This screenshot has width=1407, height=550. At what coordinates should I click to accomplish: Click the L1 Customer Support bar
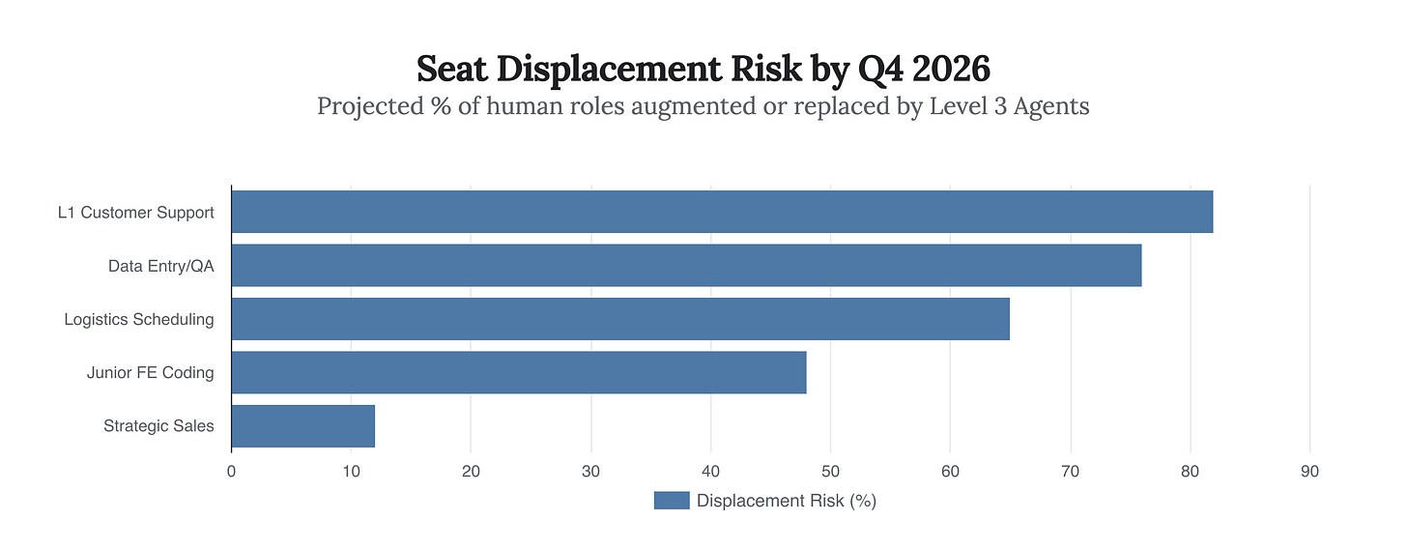[721, 212]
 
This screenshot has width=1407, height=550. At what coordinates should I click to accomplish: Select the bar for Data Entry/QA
[686, 266]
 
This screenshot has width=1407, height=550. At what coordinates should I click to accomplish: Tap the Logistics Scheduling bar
[619, 319]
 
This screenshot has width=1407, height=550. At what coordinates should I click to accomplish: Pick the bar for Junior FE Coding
[518, 372]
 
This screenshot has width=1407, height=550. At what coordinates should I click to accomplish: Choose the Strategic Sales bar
[302, 425]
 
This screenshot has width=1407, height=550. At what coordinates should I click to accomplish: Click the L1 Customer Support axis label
[135, 213]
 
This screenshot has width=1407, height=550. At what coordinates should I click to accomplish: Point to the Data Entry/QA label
[160, 266]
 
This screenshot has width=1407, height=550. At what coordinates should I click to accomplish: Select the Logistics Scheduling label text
[139, 319]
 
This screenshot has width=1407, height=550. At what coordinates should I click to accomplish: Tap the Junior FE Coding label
[150, 372]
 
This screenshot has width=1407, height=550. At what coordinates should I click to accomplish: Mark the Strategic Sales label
[158, 425]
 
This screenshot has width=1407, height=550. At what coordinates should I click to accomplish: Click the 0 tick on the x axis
[231, 472]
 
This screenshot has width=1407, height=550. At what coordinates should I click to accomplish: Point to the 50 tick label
[830, 472]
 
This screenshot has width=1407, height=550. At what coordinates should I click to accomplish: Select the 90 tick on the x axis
[1309, 472]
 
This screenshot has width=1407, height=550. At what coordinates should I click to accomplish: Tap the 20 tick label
[471, 472]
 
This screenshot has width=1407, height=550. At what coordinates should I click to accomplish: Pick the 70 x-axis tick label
[1070, 472]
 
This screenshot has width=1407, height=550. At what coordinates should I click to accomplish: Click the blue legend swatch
[672, 501]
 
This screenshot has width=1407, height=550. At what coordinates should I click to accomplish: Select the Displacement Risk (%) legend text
[786, 501]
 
